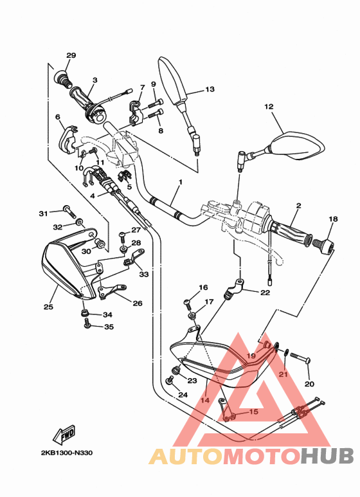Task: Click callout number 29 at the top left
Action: pyautogui.click(x=71, y=55)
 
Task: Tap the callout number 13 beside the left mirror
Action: pyautogui.click(x=210, y=89)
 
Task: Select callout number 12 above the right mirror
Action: pyautogui.click(x=268, y=107)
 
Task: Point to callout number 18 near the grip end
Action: pyautogui.click(x=332, y=219)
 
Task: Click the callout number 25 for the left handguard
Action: pyautogui.click(x=48, y=307)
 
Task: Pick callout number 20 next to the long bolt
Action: pyautogui.click(x=309, y=384)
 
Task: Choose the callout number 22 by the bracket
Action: pyautogui.click(x=265, y=293)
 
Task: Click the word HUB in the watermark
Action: pyautogui.click(x=327, y=456)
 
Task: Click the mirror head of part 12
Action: pyautogui.click(x=298, y=145)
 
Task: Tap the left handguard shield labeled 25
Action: pyautogui.click(x=64, y=268)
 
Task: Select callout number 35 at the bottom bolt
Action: pyautogui.click(x=108, y=327)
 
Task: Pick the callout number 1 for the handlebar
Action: pyautogui.click(x=181, y=182)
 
